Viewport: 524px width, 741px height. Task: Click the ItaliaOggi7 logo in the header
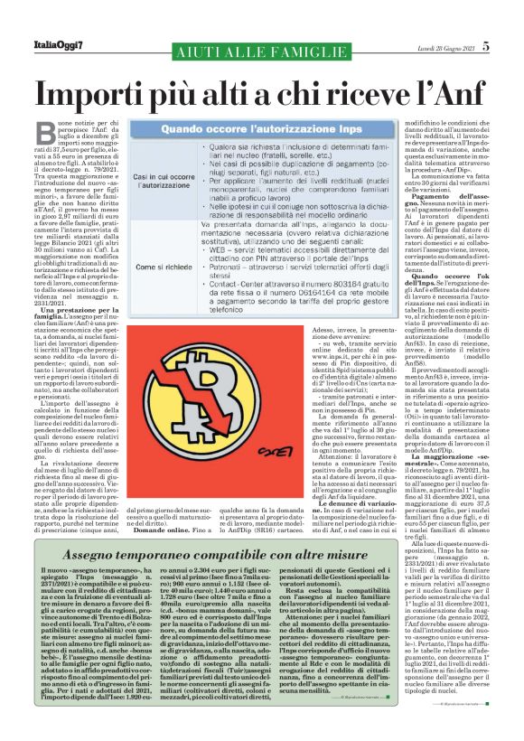point(53,23)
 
